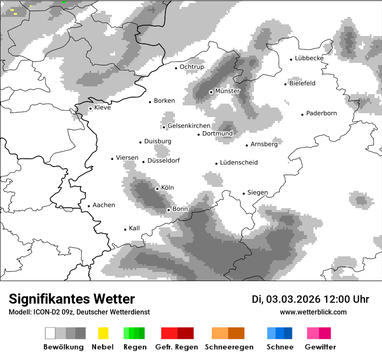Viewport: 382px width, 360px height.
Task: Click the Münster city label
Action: [227, 91]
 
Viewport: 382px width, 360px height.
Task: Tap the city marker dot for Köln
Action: [157, 189]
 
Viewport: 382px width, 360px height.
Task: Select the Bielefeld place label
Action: [302, 83]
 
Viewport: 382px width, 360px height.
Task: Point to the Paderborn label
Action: [321, 114]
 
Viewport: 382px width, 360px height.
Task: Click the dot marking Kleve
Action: [90, 108]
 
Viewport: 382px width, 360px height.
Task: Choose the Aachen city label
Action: [104, 205]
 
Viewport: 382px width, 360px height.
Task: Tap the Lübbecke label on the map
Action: [309, 58]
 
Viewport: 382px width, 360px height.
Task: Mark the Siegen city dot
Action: [244, 193]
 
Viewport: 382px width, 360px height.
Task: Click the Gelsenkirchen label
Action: [189, 126]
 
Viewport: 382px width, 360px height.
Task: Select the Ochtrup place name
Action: [191, 67]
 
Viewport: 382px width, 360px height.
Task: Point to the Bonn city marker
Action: [168, 210]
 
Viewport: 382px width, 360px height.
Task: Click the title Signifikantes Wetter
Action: [72, 299]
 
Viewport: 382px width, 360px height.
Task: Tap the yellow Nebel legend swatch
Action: [103, 333]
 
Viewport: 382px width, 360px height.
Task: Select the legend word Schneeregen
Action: [229, 347]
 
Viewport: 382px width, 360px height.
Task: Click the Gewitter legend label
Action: [320, 347]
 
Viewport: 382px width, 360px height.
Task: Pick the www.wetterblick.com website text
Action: [313, 312]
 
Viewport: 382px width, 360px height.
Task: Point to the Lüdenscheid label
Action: [238, 163]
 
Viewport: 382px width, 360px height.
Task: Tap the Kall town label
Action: [134, 228]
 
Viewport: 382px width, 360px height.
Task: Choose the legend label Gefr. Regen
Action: [176, 347]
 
